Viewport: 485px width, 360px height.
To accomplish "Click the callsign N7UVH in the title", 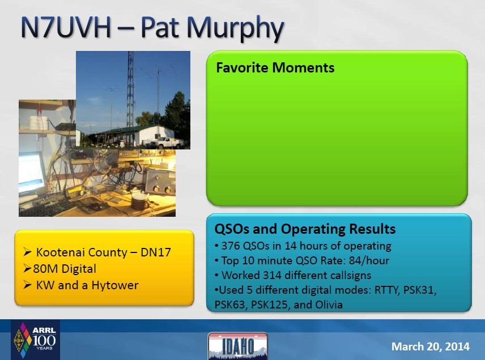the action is tap(66, 28).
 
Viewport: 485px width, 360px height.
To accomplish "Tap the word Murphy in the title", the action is tap(235, 29).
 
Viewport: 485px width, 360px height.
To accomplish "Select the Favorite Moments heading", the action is tap(275, 68).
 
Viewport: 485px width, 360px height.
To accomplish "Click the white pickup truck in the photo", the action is tap(167, 142).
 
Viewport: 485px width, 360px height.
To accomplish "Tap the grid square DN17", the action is tap(156, 252).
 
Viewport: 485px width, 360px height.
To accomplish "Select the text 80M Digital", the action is tap(65, 269).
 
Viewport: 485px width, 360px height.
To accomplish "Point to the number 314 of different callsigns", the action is tap(272, 275).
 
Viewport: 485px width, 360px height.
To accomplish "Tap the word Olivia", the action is tap(329, 305).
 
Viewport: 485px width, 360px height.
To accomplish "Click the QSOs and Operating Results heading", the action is tap(305, 229).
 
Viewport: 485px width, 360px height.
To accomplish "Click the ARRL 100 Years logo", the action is tap(35, 340).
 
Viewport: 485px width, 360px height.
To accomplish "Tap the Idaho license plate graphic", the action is tap(238, 346).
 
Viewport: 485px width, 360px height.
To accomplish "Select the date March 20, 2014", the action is tap(430, 346).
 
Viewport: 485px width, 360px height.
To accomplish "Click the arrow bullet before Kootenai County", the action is tap(28, 252).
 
